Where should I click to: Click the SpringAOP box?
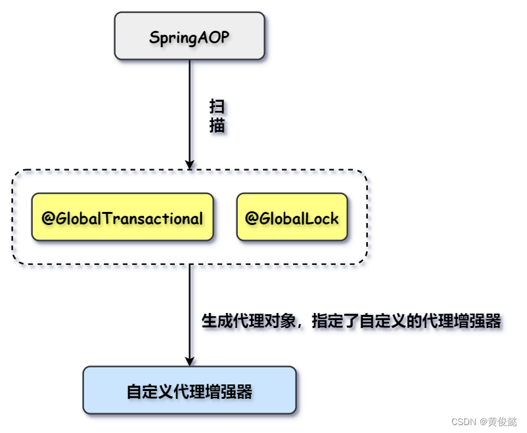tap(190, 36)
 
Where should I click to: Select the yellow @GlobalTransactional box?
tap(123, 217)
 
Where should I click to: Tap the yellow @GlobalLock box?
tap(292, 217)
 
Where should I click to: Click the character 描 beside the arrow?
tap(217, 125)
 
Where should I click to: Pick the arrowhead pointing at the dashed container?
tap(190, 164)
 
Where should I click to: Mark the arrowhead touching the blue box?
tap(190, 360)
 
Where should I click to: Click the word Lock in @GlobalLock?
tap(323, 218)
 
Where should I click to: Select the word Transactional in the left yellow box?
tap(154, 218)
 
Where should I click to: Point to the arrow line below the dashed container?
tap(190, 308)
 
